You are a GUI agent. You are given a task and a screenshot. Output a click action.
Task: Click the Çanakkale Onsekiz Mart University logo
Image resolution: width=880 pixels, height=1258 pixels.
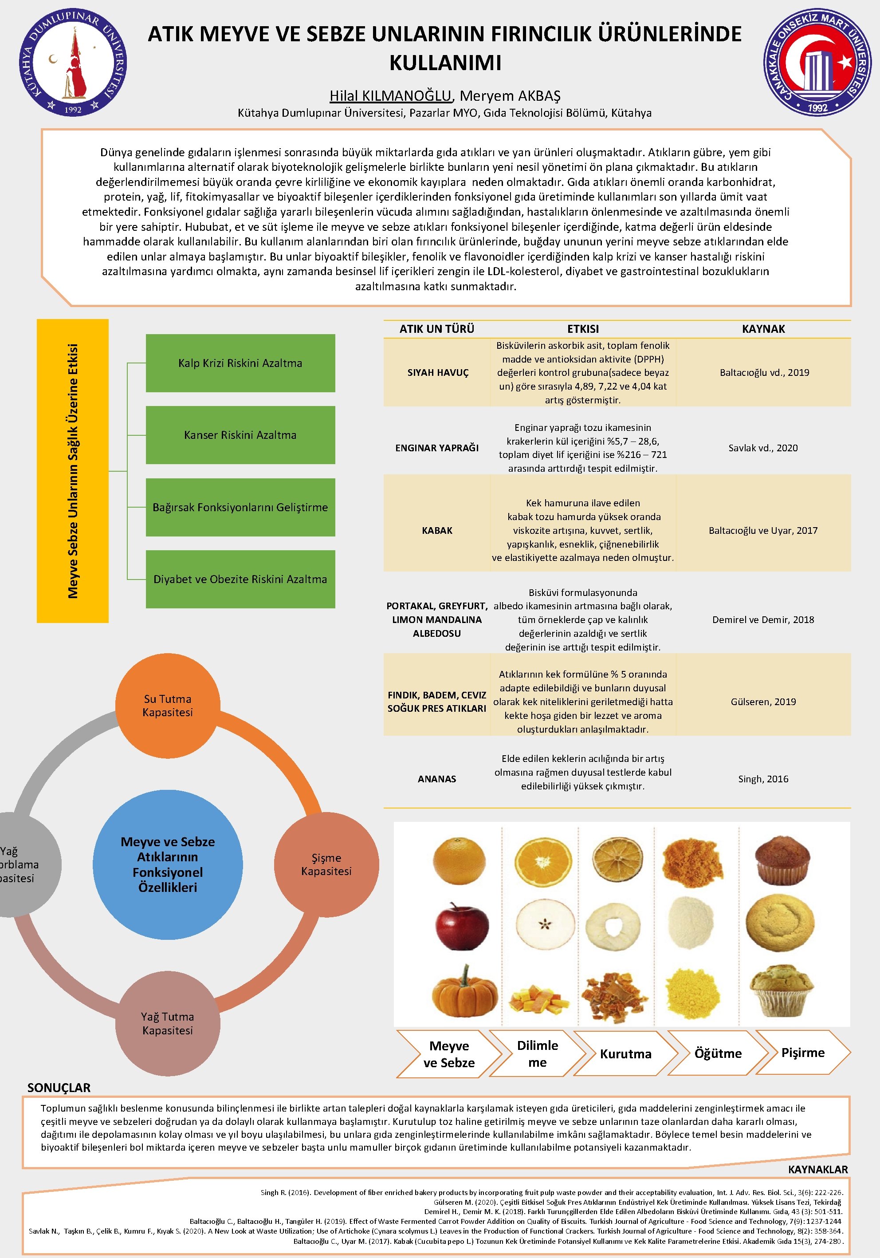[x=817, y=62]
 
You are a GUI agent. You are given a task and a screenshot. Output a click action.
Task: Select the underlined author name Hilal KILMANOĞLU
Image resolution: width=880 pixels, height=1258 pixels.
[x=390, y=96]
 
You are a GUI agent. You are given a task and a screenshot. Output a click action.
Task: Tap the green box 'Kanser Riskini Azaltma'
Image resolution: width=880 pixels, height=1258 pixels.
[x=240, y=435]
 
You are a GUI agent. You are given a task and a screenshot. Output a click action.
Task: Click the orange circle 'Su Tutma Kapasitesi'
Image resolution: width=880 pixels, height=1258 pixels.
[x=168, y=706]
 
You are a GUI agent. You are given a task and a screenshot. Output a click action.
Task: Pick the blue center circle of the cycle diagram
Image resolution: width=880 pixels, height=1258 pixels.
[x=168, y=864]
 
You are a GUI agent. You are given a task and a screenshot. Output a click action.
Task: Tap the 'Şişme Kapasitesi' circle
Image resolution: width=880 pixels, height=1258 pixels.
[x=326, y=864]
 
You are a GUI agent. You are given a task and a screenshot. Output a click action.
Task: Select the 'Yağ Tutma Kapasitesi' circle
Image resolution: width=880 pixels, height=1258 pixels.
[x=168, y=1024]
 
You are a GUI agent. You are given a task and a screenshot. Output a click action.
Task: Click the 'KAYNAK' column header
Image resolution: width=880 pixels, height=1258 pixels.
[x=763, y=329]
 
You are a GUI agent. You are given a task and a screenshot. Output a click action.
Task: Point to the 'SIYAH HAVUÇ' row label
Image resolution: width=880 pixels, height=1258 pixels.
[x=437, y=373]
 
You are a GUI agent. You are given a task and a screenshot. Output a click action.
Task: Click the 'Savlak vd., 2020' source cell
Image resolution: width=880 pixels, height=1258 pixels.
[x=763, y=448]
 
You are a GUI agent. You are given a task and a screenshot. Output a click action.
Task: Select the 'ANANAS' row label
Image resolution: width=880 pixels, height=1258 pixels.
[x=437, y=779]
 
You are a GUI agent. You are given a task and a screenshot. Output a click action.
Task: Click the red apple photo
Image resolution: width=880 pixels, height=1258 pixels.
[x=462, y=926]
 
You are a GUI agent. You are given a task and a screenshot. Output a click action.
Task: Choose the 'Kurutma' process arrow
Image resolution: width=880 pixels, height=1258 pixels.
[x=625, y=1053]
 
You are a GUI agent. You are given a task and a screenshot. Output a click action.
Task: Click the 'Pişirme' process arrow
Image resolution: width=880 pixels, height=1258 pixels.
[x=803, y=1053]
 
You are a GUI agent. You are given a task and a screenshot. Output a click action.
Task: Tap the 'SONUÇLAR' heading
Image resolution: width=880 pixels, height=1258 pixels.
[x=59, y=1087]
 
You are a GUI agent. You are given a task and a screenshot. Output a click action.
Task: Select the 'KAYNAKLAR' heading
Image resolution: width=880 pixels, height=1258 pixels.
[x=817, y=1170]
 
